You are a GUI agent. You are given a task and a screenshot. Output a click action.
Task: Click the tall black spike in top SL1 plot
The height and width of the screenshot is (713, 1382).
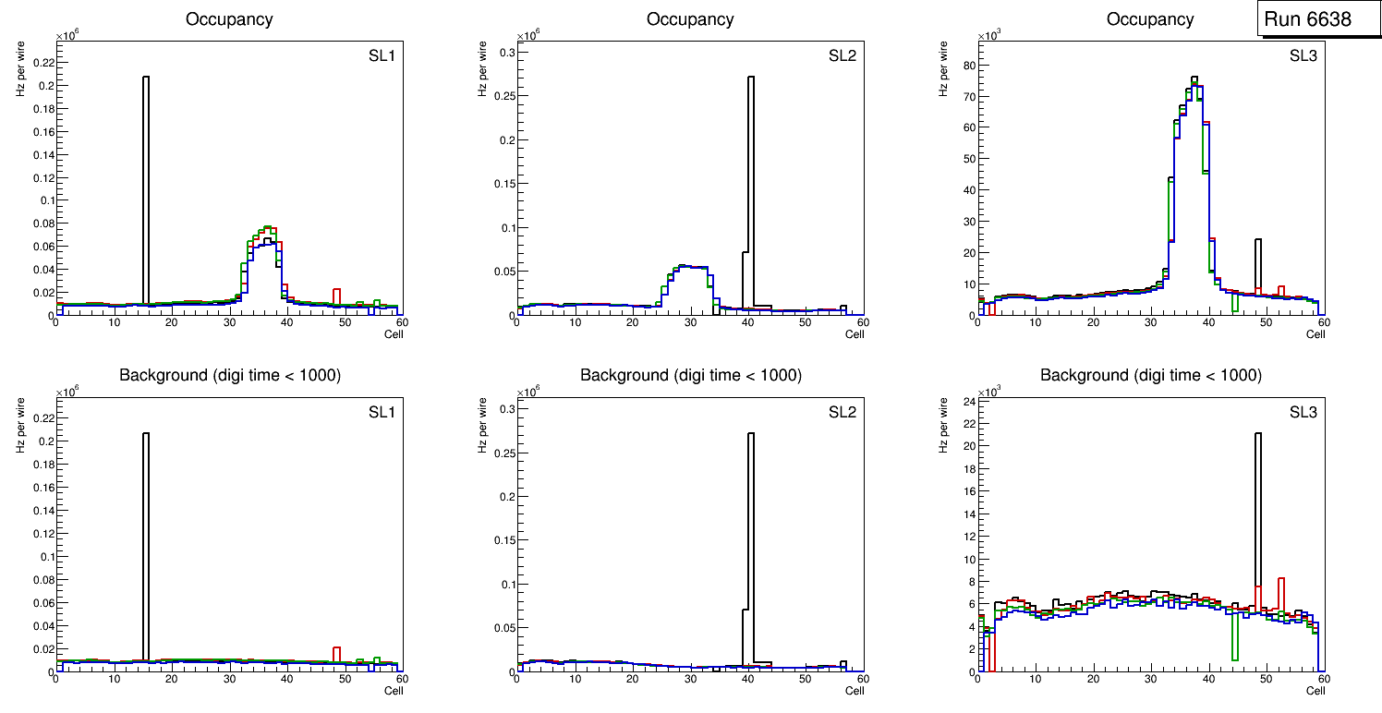pos(146,185)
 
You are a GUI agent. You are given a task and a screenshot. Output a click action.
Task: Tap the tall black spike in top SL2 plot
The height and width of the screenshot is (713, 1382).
pos(750,185)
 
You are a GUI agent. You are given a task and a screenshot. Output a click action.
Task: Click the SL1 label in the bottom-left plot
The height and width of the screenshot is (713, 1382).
pos(382,412)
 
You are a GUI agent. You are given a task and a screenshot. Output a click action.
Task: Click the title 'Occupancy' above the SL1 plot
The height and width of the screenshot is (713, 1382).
pos(229,19)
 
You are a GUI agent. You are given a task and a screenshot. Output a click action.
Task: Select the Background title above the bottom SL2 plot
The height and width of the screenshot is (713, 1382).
pos(690,375)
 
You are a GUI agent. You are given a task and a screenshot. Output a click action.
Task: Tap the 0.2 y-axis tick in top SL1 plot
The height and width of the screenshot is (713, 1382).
pos(43,86)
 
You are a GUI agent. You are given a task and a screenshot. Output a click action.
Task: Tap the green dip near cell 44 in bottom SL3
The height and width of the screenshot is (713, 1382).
pos(1235,637)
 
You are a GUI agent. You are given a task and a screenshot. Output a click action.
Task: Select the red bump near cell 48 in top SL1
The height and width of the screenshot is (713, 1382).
pos(337,296)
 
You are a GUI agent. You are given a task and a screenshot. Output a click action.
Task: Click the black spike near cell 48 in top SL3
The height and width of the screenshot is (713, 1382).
pos(1257,263)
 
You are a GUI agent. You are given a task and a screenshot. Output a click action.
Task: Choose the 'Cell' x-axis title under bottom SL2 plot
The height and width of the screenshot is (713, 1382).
pos(854,691)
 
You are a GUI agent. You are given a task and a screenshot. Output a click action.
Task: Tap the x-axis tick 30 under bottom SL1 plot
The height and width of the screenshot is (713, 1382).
pos(229,681)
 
